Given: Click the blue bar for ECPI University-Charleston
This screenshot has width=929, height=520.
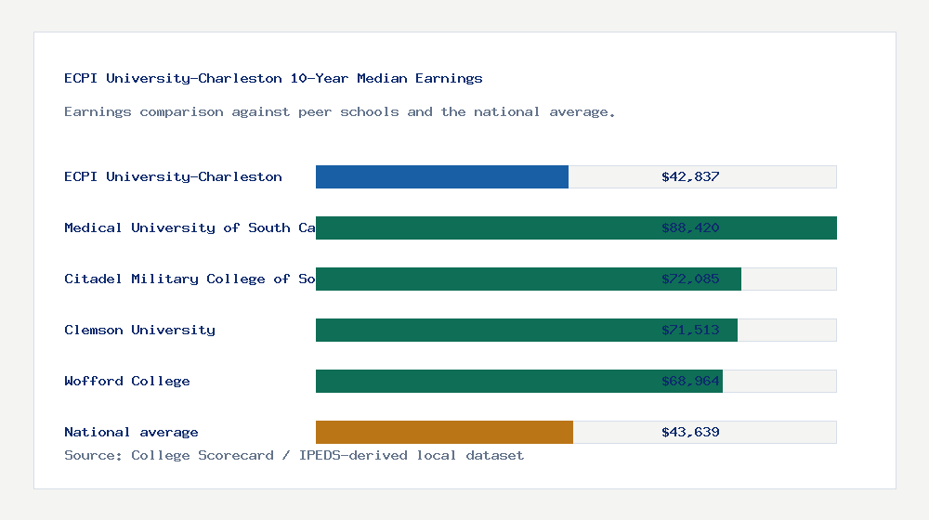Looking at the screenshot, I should [x=442, y=176].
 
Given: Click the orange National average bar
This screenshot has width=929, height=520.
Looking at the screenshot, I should [x=444, y=433].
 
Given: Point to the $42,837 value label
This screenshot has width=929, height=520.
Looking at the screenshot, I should [x=690, y=176].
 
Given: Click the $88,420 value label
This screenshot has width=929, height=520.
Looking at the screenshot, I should [x=690, y=228].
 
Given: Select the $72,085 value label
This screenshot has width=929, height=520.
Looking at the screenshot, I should [x=690, y=279].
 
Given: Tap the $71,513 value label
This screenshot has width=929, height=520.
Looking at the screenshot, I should [x=690, y=331].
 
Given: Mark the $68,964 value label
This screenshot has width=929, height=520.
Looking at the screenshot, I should [x=690, y=382].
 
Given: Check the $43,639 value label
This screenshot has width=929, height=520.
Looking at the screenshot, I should [x=690, y=433].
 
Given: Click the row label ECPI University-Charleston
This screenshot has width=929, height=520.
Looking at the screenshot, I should [x=173, y=176].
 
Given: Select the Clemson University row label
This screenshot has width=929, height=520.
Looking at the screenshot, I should [x=139, y=331].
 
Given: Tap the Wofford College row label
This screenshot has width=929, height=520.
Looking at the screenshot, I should [x=127, y=382].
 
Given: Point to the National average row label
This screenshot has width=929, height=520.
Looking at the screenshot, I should [x=131, y=433].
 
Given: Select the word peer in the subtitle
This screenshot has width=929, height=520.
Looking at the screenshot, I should [x=315, y=112].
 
